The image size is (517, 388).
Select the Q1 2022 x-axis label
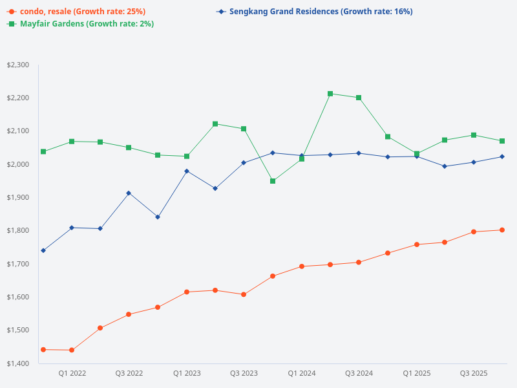(72, 374)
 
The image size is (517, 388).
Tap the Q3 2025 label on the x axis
(473, 374)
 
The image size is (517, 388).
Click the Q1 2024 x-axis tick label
(301, 374)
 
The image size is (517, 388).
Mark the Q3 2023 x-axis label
(244, 374)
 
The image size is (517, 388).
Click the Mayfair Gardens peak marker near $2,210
(330, 94)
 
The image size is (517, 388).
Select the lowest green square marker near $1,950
(273, 181)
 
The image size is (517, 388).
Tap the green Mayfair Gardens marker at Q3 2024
(359, 98)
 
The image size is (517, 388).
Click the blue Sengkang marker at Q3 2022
(129, 193)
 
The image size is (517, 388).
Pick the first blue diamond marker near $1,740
(43, 250)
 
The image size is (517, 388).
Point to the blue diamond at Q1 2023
(187, 171)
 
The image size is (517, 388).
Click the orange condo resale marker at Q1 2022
(72, 350)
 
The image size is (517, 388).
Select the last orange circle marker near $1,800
(502, 230)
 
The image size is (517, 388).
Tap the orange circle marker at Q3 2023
(244, 294)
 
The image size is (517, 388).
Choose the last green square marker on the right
(502, 141)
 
